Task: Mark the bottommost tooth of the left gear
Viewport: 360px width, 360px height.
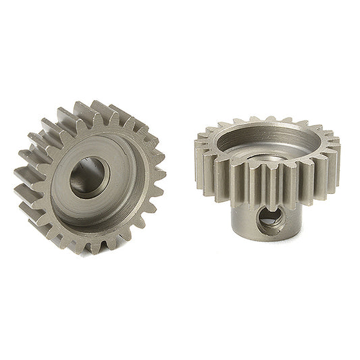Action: click(95, 246)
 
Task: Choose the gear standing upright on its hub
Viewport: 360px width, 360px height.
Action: click(267, 182)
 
